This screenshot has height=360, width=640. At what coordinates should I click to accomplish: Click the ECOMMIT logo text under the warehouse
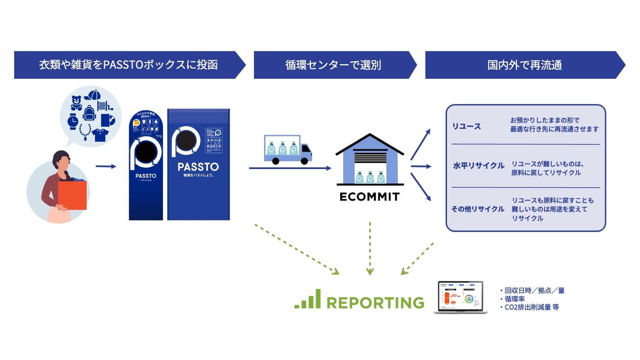(x=370, y=197)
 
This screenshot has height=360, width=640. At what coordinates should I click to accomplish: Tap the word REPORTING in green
(x=375, y=302)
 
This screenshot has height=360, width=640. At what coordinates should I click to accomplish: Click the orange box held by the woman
(x=72, y=195)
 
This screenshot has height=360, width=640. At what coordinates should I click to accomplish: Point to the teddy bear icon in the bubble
(x=76, y=103)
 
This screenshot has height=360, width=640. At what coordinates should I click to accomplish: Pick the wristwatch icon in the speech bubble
(x=73, y=122)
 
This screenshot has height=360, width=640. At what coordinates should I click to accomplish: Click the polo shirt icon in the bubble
(x=100, y=135)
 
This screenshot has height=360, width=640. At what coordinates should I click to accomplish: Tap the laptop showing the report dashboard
(x=460, y=297)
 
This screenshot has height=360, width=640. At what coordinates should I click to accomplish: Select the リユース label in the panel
(x=466, y=127)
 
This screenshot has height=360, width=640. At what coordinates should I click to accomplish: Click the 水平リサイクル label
(x=478, y=166)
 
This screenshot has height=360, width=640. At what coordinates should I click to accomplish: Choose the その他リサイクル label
(x=478, y=209)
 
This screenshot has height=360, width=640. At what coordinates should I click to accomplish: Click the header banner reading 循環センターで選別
(x=333, y=65)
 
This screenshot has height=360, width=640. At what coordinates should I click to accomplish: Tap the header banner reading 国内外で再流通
(x=524, y=65)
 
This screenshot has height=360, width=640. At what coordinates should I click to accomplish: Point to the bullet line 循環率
(x=514, y=299)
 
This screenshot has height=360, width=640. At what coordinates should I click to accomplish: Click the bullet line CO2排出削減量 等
(x=532, y=307)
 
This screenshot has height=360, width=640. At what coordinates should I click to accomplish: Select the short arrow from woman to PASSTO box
(x=106, y=166)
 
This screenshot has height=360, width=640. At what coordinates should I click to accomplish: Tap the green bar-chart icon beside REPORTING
(x=308, y=299)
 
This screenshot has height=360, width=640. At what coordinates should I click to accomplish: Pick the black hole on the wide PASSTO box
(x=186, y=141)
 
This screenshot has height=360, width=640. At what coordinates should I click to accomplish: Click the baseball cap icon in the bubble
(x=93, y=95)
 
